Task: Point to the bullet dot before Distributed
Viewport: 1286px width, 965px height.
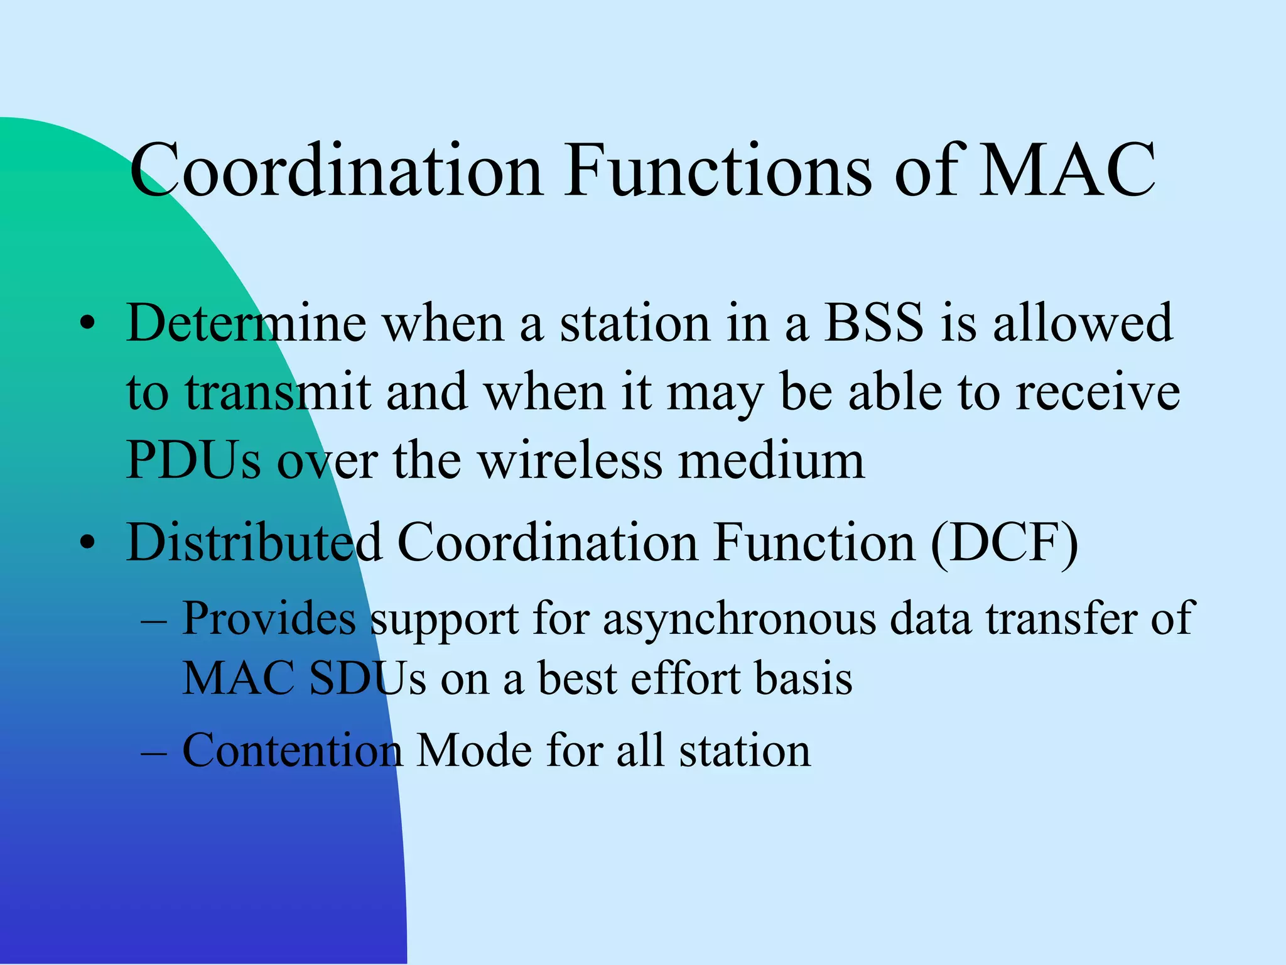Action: click(88, 543)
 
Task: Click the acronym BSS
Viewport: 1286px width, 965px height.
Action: click(873, 324)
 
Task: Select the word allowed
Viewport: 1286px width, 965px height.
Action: click(1083, 324)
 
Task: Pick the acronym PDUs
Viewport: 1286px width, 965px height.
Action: click(193, 461)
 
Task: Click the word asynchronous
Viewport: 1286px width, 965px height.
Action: click(740, 619)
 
